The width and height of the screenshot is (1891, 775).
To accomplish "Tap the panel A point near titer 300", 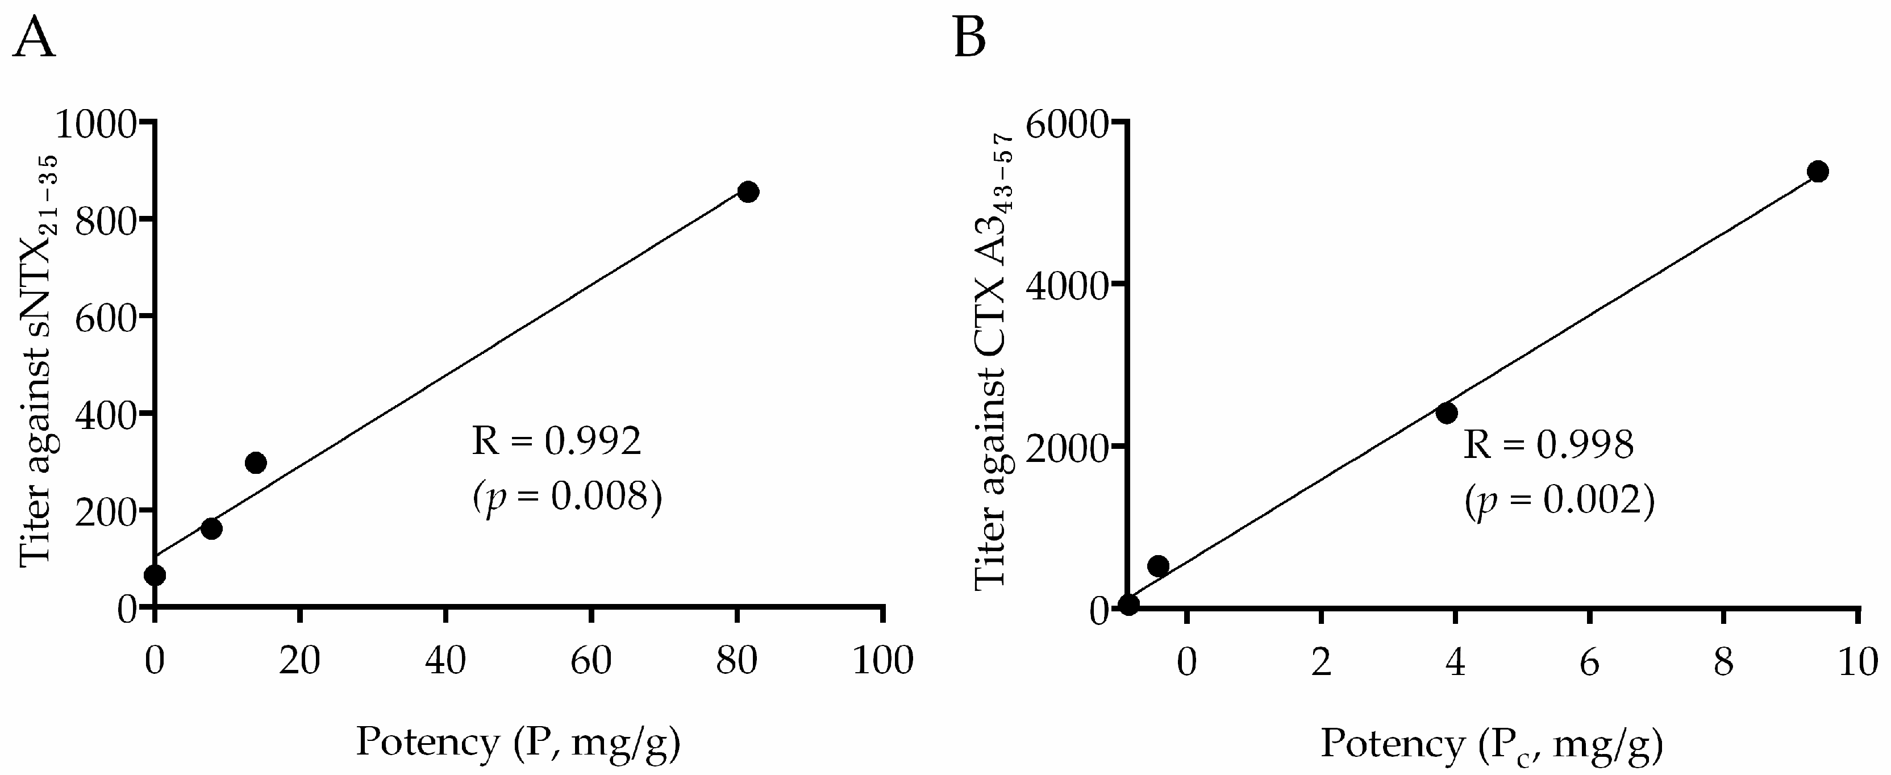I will pyautogui.click(x=256, y=463).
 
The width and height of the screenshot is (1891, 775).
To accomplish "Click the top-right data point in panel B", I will pyautogui.click(x=1818, y=172).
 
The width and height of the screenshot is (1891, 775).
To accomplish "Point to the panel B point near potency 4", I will pyautogui.click(x=1447, y=413).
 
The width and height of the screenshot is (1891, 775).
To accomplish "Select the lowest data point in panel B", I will pyautogui.click(x=1129, y=604).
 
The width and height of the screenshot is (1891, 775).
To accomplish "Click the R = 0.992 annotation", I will pyautogui.click(x=556, y=442).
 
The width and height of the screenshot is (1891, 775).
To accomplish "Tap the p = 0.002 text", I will pyautogui.click(x=1559, y=502).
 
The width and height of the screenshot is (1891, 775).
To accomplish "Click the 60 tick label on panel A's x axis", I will pyautogui.click(x=591, y=660).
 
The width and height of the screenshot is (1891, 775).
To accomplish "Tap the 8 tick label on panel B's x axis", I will pyautogui.click(x=1723, y=663).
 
